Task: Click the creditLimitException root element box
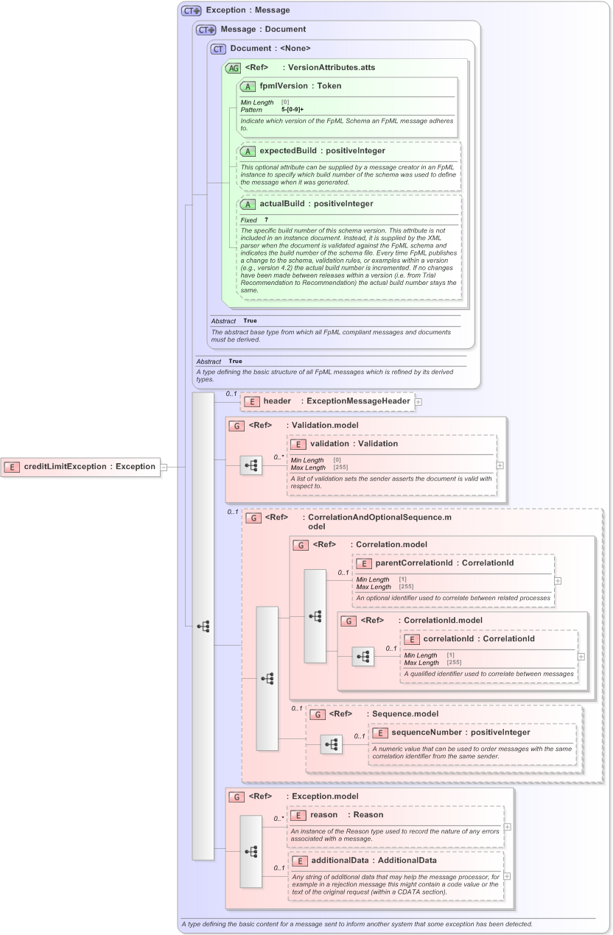(81, 466)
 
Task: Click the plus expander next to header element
(418, 402)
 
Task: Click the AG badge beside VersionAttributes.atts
(233, 68)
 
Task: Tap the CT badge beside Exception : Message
(192, 10)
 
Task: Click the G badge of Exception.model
(237, 797)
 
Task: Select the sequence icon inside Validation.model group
(251, 465)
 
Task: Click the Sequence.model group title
(404, 713)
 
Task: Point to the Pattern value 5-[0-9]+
(293, 109)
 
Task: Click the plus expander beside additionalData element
(507, 876)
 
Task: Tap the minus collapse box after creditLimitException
(164, 467)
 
